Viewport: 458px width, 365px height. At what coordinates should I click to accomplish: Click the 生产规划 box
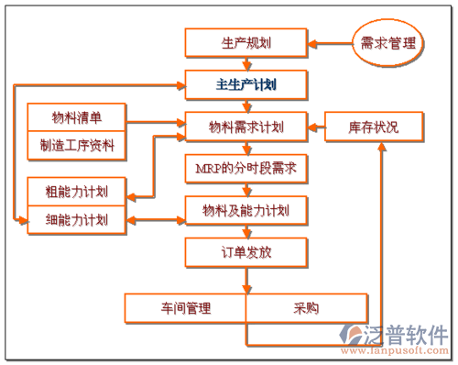pos(245,42)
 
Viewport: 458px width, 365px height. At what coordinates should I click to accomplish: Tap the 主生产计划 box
pos(245,84)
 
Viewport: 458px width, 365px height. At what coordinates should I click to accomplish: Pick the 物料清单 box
pos(77,119)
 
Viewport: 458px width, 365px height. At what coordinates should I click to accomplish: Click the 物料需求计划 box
pos(245,126)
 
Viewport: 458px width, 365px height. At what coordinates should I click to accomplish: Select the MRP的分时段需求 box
pos(245,169)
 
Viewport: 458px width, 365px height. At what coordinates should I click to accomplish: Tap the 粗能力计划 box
pos(77,193)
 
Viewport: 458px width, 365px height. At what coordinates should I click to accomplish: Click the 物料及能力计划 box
pos(245,211)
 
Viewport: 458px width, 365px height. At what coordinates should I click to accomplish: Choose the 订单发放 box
pos(245,253)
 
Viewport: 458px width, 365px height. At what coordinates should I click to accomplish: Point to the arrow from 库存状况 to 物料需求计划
pos(315,126)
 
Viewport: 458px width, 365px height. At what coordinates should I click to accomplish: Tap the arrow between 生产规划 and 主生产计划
pos(245,63)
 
